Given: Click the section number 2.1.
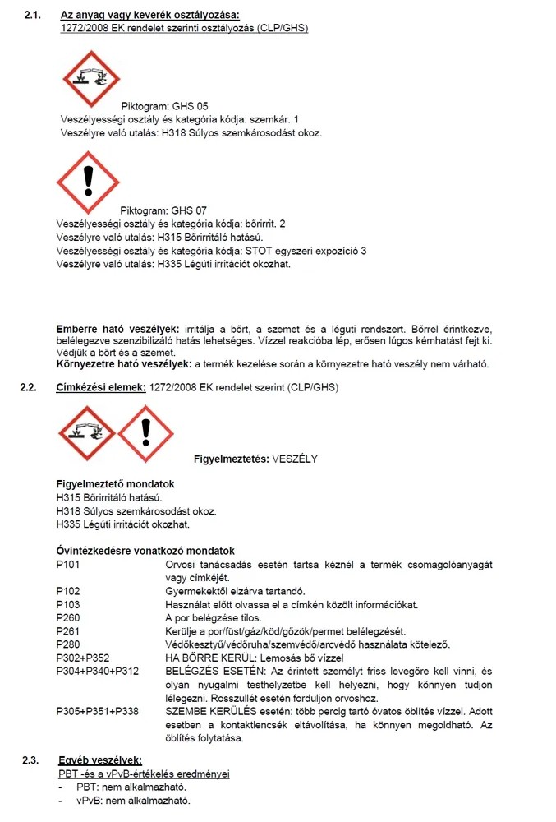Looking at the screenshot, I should click(32, 16).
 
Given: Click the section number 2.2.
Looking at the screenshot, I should click(31, 387).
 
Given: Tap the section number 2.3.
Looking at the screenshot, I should click(32, 760).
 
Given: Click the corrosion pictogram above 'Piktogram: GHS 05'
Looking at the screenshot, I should click(90, 79).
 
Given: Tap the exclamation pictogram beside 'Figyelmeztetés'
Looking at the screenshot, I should click(145, 432).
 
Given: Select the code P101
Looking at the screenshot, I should click(69, 565).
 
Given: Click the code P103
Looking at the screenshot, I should click(69, 604).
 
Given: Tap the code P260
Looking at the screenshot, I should click(69, 617).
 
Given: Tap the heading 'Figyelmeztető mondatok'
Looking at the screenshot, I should click(114, 484).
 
